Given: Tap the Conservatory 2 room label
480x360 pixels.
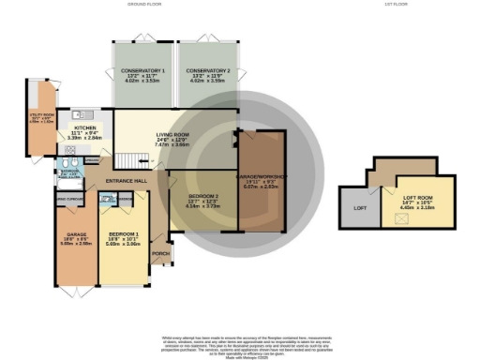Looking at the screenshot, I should pos(208,70).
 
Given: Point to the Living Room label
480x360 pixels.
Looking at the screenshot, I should pos(172,135).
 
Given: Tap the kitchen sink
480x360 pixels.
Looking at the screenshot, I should pos(83,113).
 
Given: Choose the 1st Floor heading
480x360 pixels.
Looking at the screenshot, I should pos(394,5).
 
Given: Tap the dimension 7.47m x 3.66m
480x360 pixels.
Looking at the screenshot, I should pos(172,145).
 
